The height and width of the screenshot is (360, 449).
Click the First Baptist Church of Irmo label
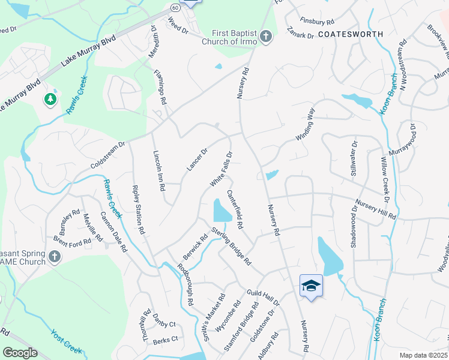(x=234, y=37)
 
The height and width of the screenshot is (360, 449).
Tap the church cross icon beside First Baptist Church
(x=265, y=38)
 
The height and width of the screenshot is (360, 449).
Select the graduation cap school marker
(x=311, y=286)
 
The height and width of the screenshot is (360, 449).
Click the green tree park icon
(x=50, y=99)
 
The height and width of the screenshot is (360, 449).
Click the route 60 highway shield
(x=173, y=8)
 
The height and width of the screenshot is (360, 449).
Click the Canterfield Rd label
(x=235, y=210)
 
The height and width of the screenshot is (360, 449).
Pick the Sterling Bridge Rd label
(x=230, y=247)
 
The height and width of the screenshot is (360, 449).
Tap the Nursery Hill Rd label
(x=376, y=209)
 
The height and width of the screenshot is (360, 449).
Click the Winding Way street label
(x=305, y=124)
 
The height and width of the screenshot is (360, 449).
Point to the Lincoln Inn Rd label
(x=158, y=170)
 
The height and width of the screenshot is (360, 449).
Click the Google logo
(x=20, y=353)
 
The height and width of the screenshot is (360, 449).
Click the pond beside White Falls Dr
(x=222, y=211)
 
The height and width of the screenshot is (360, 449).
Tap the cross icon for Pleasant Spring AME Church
(x=55, y=257)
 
